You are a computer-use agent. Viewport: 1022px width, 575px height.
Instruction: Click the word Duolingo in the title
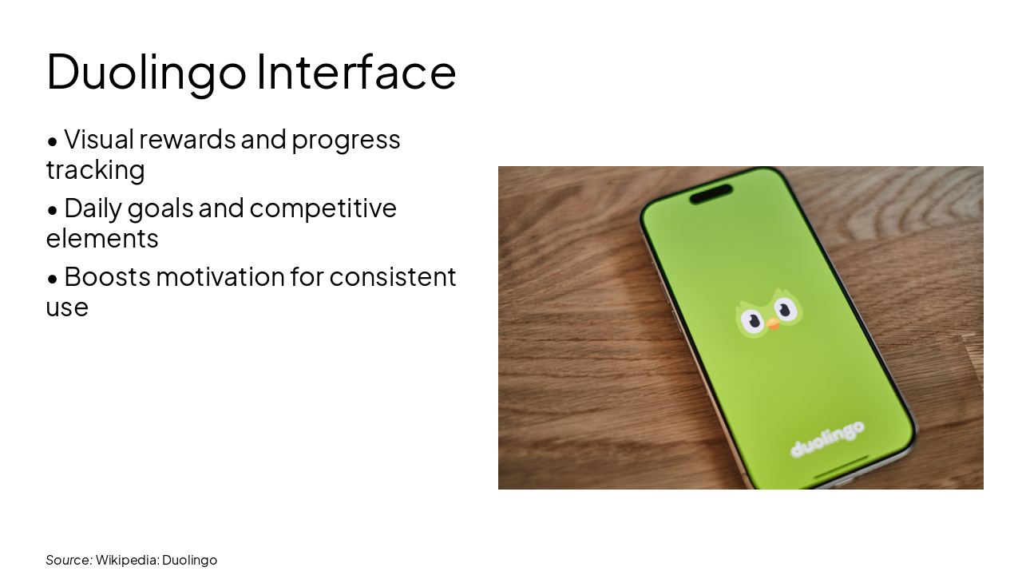click(x=146, y=71)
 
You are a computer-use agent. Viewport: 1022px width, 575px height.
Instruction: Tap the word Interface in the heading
click(x=356, y=71)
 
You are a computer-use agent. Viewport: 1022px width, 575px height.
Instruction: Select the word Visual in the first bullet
click(x=99, y=139)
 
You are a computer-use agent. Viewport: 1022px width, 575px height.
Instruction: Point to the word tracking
click(x=95, y=169)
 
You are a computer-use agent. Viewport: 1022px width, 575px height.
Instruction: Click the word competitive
click(x=323, y=208)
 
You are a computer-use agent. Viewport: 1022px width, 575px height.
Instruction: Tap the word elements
click(x=102, y=238)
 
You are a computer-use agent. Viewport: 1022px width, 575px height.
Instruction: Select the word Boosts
click(x=106, y=276)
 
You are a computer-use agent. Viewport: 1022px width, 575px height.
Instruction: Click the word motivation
click(x=220, y=276)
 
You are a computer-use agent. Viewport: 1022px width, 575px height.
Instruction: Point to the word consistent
click(x=393, y=276)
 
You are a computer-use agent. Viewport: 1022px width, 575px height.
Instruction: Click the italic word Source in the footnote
click(x=68, y=560)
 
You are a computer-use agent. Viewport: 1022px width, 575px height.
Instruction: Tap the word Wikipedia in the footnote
click(x=126, y=560)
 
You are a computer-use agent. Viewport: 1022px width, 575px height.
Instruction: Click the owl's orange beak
click(x=773, y=324)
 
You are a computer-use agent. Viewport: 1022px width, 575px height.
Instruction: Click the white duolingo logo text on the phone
click(x=827, y=438)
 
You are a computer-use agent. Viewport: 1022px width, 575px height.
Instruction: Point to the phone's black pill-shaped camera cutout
click(x=711, y=194)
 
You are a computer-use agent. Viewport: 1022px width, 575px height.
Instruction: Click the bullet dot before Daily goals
click(x=53, y=210)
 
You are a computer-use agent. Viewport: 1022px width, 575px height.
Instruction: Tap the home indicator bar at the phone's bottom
click(x=841, y=468)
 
